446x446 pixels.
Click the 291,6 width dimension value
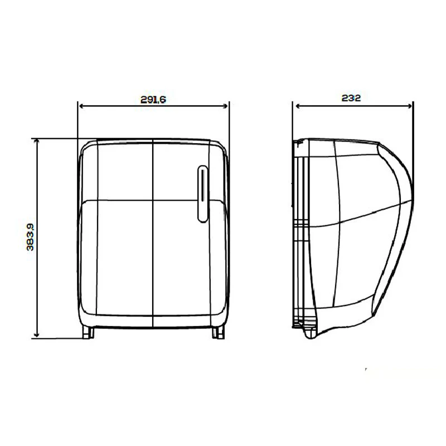point(153,100)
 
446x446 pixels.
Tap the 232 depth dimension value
point(351,98)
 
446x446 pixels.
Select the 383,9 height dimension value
point(30,237)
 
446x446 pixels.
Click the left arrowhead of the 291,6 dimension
point(81,106)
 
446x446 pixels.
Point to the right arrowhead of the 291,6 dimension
point(225,106)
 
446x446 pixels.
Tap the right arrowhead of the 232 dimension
point(410,106)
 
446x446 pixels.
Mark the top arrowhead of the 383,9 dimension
point(36,142)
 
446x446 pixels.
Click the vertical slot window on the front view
point(202,193)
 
